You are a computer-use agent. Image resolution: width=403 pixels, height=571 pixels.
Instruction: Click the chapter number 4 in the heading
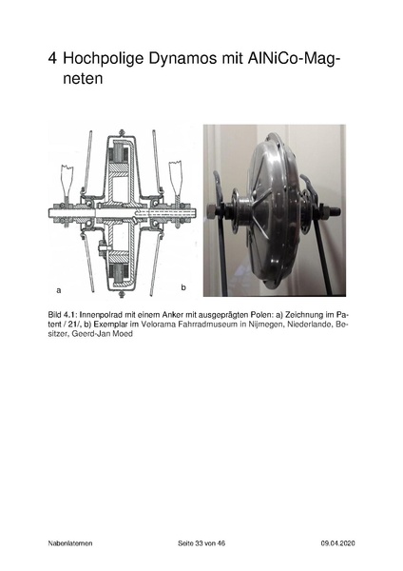click(54, 61)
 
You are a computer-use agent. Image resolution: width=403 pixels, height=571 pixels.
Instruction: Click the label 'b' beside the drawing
click(183, 285)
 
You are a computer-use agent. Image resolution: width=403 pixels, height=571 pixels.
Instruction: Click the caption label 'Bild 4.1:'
click(65, 313)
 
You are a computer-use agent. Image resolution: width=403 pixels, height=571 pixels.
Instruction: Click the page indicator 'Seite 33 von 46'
click(201, 542)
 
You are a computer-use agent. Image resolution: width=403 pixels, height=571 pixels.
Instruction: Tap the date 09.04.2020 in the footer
click(338, 542)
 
